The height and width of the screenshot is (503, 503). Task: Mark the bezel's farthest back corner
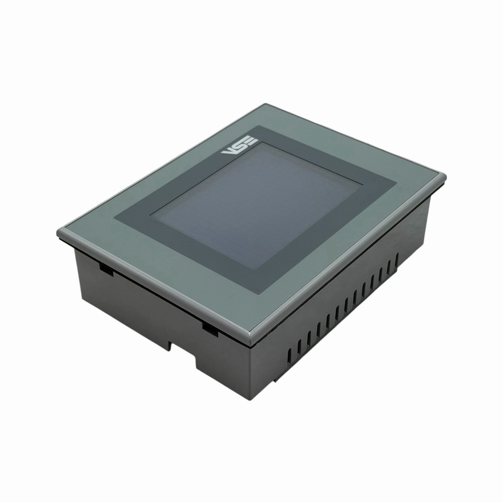265,105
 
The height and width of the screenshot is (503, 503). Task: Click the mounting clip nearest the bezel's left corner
106,270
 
